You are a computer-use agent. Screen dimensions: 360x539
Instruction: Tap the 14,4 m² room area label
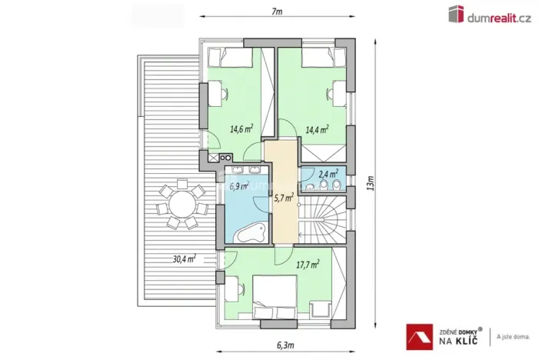[317, 129]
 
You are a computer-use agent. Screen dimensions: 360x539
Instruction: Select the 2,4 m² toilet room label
[328, 174]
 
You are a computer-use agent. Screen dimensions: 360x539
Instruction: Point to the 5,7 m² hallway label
[284, 197]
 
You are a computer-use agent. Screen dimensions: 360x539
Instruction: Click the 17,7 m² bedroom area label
[308, 264]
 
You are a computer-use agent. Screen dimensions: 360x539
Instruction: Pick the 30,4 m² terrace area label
[184, 258]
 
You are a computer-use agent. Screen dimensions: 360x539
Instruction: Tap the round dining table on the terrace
[181, 206]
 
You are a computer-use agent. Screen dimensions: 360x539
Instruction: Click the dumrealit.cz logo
[491, 15]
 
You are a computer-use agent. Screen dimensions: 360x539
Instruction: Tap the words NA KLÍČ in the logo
[460, 339]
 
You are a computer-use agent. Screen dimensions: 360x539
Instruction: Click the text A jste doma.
[513, 336]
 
